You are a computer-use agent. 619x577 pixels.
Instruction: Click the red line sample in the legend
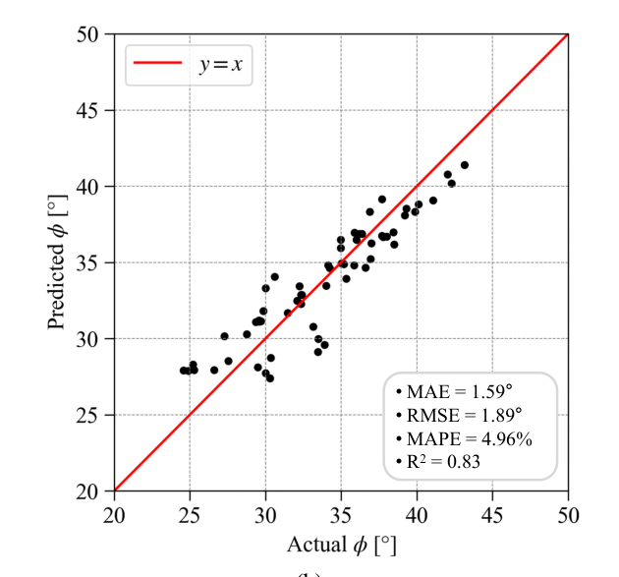[x=157, y=62]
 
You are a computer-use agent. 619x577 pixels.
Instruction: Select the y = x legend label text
[x=221, y=64]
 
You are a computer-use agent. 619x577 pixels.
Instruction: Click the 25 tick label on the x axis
[x=190, y=516]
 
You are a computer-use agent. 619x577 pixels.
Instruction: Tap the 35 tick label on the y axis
[x=86, y=263]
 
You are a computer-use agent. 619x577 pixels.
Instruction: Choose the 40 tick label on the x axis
[x=417, y=516]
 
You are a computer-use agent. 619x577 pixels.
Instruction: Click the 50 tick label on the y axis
[x=86, y=34]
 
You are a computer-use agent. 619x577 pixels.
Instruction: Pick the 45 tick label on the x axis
[x=492, y=516]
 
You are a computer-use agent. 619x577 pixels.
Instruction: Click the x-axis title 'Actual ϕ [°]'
[x=342, y=546]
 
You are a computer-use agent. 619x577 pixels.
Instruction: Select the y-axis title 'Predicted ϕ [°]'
[x=57, y=262]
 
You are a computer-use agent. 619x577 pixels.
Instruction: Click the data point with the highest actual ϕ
[x=465, y=165]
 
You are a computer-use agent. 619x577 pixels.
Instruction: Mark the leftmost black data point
[x=183, y=371]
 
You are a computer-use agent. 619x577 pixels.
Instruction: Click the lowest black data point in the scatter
[x=270, y=378]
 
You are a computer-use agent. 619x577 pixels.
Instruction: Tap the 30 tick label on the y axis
[x=86, y=340]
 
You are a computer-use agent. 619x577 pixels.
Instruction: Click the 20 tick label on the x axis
[x=114, y=516]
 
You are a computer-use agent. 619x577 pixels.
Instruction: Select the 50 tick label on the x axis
[x=568, y=516]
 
